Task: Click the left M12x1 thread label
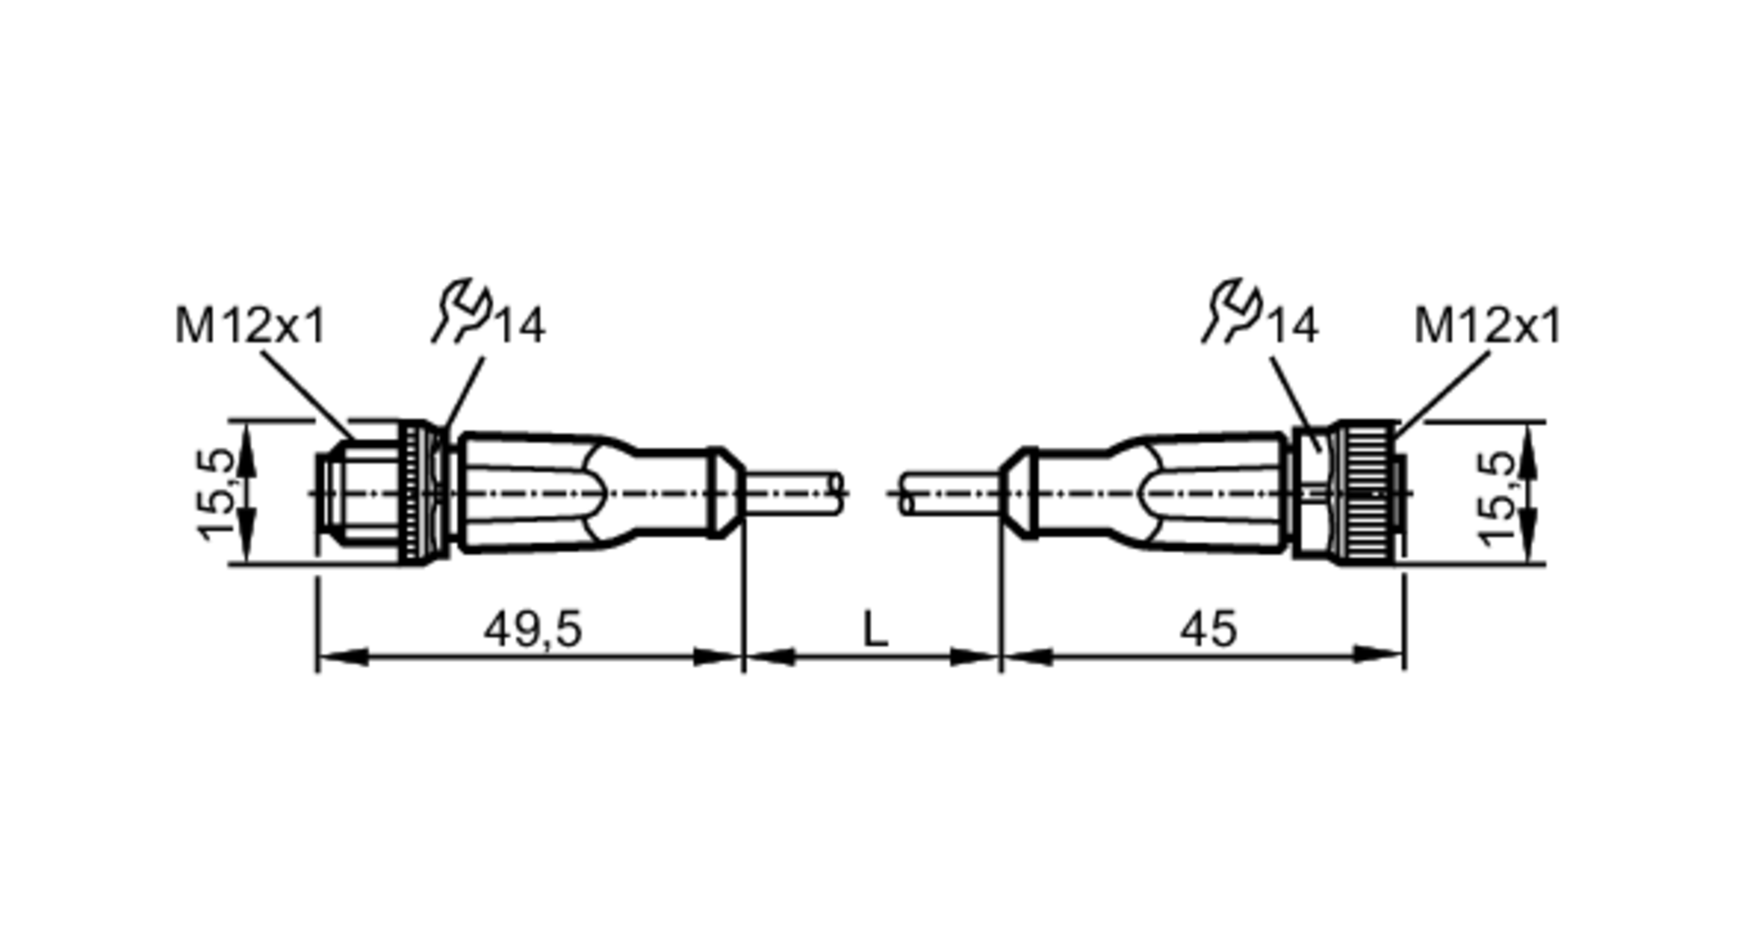click(x=250, y=327)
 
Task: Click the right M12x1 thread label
click(x=1487, y=327)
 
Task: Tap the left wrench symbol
click(x=463, y=311)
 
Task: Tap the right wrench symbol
click(x=1233, y=311)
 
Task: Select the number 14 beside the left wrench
click(x=521, y=327)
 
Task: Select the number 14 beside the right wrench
click(x=1292, y=327)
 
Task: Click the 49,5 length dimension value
click(x=533, y=629)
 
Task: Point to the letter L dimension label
click(x=874, y=629)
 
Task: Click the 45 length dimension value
click(x=1209, y=629)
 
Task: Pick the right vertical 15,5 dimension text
click(x=1497, y=498)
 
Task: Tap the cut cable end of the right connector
click(x=908, y=494)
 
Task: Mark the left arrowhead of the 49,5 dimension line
click(x=336, y=656)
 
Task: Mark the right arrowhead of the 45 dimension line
click(x=1385, y=653)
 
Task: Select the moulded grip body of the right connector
click(x=1162, y=494)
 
